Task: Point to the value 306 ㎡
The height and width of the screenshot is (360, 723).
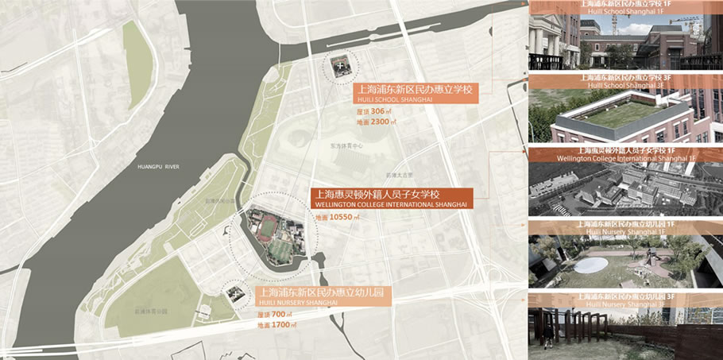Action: tap(373, 111)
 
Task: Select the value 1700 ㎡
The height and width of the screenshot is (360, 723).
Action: tap(277, 326)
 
